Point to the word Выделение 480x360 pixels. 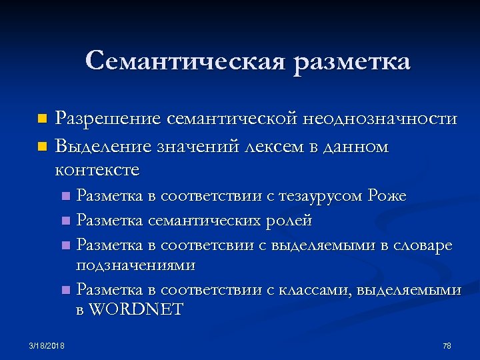click(x=105, y=145)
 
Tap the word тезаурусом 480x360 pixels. click(x=315, y=196)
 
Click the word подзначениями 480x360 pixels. click(x=136, y=265)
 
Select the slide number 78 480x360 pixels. click(x=447, y=345)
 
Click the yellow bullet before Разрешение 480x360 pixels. click(x=43, y=120)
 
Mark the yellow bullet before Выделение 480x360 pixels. click(x=43, y=145)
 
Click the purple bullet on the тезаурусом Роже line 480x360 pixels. click(x=65, y=197)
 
